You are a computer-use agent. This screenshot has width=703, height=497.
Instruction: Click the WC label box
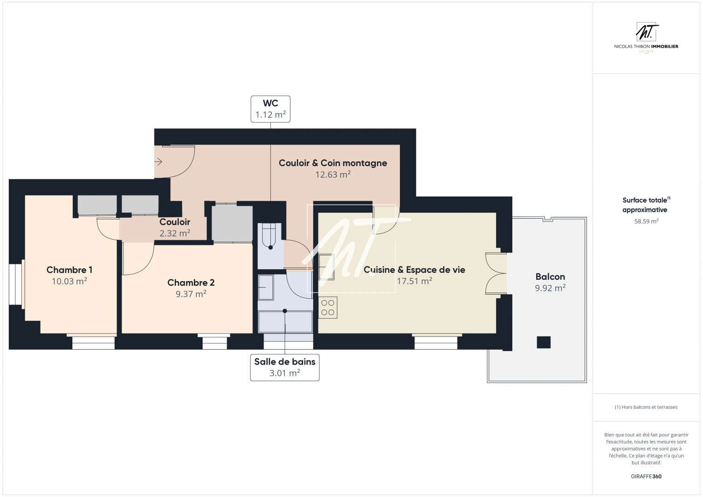pyautogui.click(x=270, y=109)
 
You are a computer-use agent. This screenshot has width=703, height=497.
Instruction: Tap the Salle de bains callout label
pyautogui.click(x=285, y=367)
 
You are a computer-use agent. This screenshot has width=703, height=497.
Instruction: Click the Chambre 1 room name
pyautogui.click(x=70, y=270)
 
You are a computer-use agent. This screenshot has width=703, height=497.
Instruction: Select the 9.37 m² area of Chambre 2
pyautogui.click(x=191, y=294)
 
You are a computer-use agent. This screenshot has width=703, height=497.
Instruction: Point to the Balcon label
pyautogui.click(x=550, y=277)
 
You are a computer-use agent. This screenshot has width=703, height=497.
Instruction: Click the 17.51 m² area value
pyautogui.click(x=414, y=281)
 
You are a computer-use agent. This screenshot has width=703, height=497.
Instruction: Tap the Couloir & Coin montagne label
pyautogui.click(x=333, y=163)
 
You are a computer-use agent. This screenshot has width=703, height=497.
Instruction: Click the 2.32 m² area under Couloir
pyautogui.click(x=175, y=233)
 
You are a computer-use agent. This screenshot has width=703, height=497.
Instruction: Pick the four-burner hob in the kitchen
pyautogui.click(x=328, y=307)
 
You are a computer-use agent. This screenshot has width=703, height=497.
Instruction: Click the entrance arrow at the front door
pyautogui.click(x=158, y=162)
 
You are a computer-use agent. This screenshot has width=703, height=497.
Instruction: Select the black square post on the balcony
pyautogui.click(x=544, y=342)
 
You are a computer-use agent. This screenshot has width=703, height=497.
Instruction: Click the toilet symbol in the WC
pyautogui.click(x=269, y=236)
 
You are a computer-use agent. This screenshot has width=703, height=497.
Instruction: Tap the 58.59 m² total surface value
pyautogui.click(x=646, y=221)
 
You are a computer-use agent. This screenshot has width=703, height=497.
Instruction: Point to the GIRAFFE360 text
pyautogui.click(x=646, y=476)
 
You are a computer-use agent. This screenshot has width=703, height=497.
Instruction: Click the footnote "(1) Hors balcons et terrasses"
pyautogui.click(x=646, y=407)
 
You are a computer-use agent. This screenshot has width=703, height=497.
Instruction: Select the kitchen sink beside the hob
pyautogui.click(x=326, y=267)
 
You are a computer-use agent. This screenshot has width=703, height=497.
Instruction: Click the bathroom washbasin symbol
pyautogui.click(x=266, y=287)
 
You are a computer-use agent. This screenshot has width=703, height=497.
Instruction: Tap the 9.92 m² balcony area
pyautogui.click(x=550, y=288)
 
